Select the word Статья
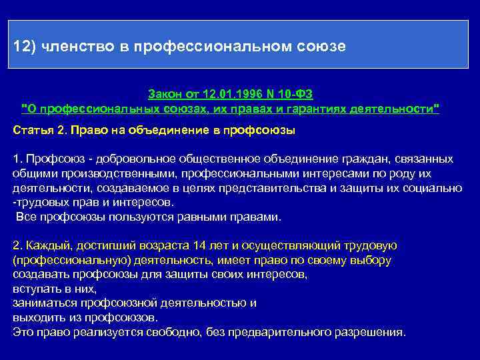tap(31, 130)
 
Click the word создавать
tap(41, 274)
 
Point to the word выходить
tap(39, 317)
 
